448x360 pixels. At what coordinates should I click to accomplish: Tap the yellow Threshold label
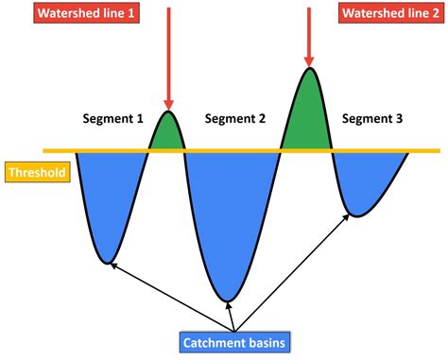[35, 173]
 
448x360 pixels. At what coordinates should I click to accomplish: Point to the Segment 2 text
[235, 119]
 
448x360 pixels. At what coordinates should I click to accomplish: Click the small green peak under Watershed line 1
[167, 134]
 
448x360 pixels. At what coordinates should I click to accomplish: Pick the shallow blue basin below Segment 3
[359, 180]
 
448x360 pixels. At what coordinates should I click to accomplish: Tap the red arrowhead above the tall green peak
[309, 58]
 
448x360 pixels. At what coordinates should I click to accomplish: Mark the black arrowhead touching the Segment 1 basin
[112, 265]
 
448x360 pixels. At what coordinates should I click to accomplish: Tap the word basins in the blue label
[264, 342]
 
